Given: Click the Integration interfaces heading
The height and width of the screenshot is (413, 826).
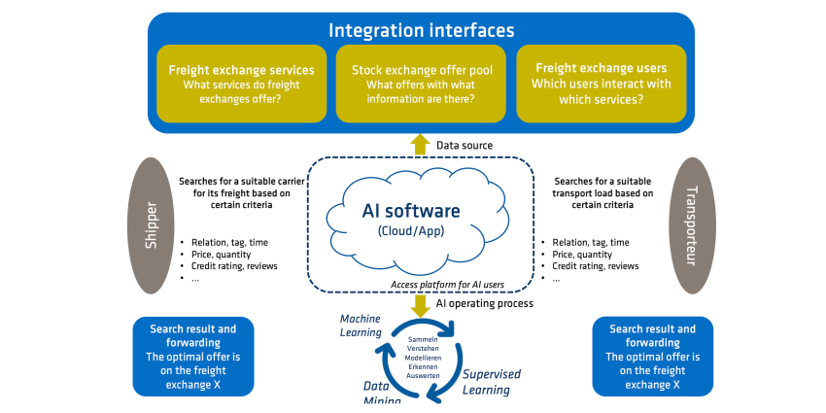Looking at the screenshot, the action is (x=421, y=30).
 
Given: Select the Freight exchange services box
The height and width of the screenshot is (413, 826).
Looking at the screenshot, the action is (x=241, y=84).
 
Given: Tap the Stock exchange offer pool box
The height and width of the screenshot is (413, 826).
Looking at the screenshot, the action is (x=421, y=84).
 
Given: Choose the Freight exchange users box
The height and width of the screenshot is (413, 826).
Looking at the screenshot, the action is (x=602, y=84).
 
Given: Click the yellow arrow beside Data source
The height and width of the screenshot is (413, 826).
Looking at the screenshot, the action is (x=420, y=145).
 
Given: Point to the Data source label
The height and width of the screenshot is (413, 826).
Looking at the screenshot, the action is (x=465, y=146).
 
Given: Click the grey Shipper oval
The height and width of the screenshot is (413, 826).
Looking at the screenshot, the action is (x=152, y=224).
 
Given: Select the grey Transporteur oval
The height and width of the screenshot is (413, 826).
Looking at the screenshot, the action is (x=692, y=224).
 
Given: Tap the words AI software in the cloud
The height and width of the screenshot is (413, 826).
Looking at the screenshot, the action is (x=411, y=211).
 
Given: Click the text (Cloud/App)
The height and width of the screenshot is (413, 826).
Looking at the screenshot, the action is (x=411, y=230).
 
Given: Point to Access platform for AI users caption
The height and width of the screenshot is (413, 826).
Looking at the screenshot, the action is (x=447, y=285).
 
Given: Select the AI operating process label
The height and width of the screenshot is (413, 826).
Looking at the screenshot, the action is (x=485, y=303).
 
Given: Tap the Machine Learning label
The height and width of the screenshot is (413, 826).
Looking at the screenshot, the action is (x=361, y=326).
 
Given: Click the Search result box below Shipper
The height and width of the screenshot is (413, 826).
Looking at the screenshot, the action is (x=192, y=357).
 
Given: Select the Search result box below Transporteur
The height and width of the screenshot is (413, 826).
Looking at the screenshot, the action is (x=653, y=357).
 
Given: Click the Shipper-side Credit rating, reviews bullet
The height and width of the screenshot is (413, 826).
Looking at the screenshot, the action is (x=234, y=266).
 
